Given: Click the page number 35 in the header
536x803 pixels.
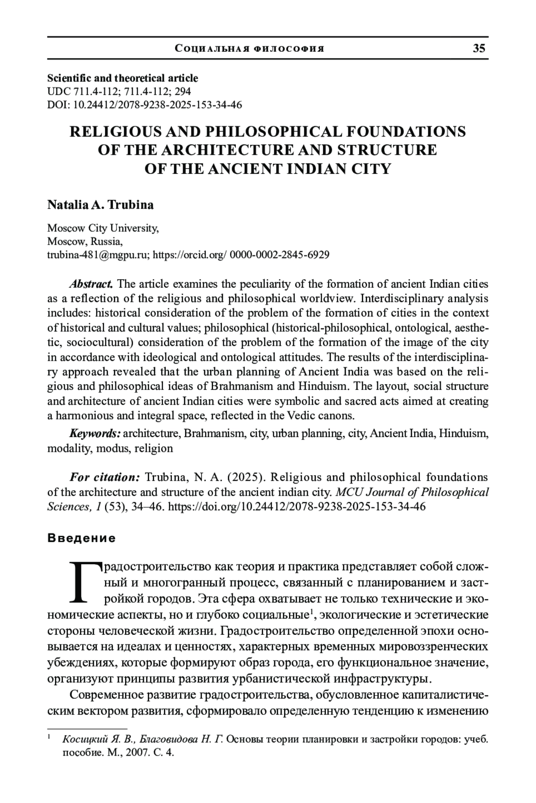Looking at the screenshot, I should tap(479, 48).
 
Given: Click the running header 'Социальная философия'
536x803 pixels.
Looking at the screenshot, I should tap(250, 49).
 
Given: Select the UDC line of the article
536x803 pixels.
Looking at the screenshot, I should tap(119, 91).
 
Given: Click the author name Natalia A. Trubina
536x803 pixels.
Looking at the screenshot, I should tap(100, 205).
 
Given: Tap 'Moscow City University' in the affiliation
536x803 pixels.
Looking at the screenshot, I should tap(103, 228).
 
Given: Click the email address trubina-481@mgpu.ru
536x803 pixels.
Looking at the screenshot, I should tap(99, 255).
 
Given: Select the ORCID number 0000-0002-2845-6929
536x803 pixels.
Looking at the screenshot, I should tap(279, 255).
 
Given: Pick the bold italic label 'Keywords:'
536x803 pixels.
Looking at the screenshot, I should tap(95, 433).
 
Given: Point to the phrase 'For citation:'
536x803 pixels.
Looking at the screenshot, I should tap(105, 477).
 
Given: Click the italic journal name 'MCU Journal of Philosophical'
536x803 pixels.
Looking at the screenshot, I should tap(412, 492).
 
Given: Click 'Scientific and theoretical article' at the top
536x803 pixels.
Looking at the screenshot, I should tap(122, 78).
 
